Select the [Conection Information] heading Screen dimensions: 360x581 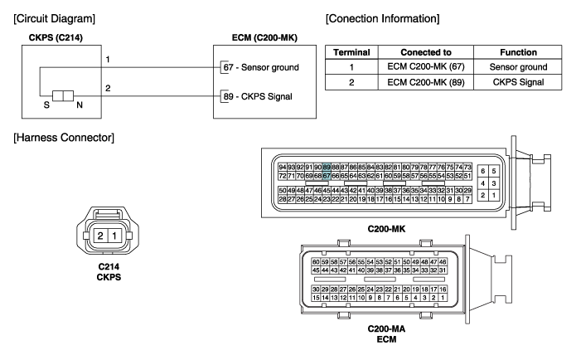click(x=383, y=17)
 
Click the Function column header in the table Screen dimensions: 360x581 click(x=514, y=51)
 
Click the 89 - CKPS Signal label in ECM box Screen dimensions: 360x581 click(x=259, y=97)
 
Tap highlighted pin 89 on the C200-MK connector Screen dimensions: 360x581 click(x=327, y=166)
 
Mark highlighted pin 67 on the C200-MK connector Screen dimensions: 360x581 click(x=327, y=175)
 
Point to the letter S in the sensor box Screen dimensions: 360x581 click(x=47, y=106)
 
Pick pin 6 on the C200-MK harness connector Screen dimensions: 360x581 click(x=484, y=171)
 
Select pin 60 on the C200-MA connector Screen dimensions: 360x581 click(x=316, y=261)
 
